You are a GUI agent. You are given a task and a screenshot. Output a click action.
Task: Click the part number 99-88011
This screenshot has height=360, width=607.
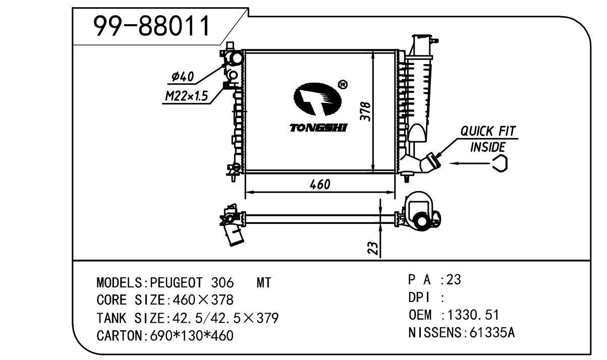(x=152, y=27)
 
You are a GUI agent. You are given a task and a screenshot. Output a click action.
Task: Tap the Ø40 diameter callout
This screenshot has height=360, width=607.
(x=182, y=77)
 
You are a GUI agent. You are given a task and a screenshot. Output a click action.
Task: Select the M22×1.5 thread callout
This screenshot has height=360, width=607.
(x=186, y=96)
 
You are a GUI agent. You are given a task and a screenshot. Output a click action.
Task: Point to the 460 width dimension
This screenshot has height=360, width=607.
(x=319, y=185)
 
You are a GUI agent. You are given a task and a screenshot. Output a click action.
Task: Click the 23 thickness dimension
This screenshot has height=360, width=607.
(x=372, y=248)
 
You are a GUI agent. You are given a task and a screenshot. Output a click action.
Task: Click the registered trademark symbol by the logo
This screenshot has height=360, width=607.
(x=342, y=85)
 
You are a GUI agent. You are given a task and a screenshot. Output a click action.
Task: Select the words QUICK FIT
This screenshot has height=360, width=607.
(x=488, y=132)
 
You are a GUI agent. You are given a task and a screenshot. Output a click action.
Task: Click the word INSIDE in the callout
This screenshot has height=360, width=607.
(x=487, y=147)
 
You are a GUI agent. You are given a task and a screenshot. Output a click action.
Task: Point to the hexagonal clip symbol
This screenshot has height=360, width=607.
(x=500, y=163)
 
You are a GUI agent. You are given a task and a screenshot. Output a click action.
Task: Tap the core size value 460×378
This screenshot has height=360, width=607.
(x=203, y=301)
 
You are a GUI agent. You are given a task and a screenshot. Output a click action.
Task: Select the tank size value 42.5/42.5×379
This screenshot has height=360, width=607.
(x=226, y=318)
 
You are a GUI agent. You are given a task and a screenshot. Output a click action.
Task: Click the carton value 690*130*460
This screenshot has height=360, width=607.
(x=192, y=335)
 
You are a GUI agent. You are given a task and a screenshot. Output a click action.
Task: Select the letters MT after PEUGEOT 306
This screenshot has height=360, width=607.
(x=264, y=283)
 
